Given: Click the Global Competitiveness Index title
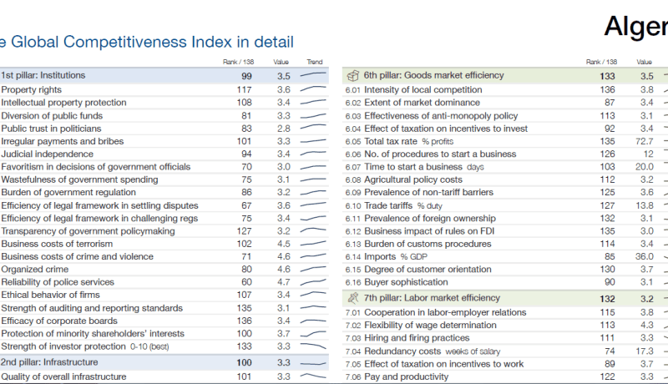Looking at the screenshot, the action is coord(147,42).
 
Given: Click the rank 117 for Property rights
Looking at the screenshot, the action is coord(244,90).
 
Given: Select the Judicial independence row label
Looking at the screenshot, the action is coord(48,154).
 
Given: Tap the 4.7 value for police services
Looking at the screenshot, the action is coord(284,282).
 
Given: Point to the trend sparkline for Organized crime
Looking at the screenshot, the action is coord(313,269).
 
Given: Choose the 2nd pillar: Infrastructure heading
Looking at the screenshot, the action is coord(49,362).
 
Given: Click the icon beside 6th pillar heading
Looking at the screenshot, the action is coord(352,76).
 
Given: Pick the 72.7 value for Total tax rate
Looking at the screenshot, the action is coord(644,141).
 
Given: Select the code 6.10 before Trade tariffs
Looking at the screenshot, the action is coord(353,206).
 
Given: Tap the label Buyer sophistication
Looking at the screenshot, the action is coord(406,282).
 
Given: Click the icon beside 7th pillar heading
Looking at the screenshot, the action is coord(353,298).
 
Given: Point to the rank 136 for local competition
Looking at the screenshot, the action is coord(607,90).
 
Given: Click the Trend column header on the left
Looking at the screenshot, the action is coord(315,62).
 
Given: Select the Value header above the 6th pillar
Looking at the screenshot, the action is coord(644,62).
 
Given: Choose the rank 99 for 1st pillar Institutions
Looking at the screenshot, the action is coord(246,76).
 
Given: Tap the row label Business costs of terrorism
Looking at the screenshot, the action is coord(57,244).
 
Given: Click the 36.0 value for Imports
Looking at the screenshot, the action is coord(644,257).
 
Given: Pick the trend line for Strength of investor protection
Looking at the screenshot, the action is coord(313,346).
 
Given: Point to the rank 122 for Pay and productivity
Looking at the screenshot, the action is coord(607,376).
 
